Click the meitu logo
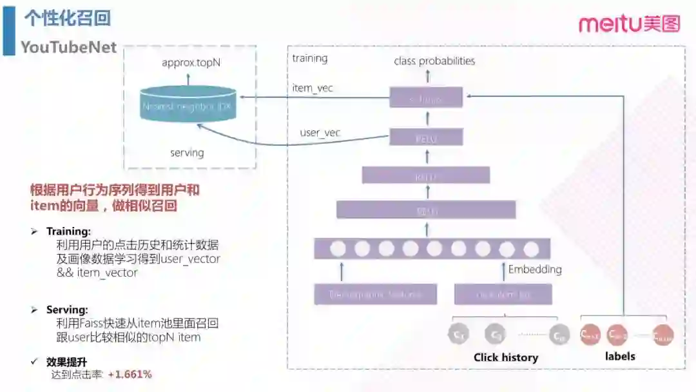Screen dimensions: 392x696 pyautogui.click(x=629, y=24)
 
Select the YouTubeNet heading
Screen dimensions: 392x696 pyautogui.click(x=68, y=47)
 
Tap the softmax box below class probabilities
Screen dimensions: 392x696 pyautogui.click(x=426, y=99)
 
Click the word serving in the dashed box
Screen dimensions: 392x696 pyautogui.click(x=187, y=153)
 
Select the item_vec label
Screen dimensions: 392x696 pyautogui.click(x=313, y=88)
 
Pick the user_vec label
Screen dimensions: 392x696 pyautogui.click(x=320, y=133)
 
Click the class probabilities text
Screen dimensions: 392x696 pyautogui.click(x=434, y=61)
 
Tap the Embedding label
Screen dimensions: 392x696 pyautogui.click(x=535, y=269)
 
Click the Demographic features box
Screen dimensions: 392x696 pyautogui.click(x=375, y=295)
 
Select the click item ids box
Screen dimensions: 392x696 pyautogui.click(x=503, y=295)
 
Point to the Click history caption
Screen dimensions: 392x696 pyautogui.click(x=506, y=357)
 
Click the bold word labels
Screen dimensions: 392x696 pyautogui.click(x=620, y=356)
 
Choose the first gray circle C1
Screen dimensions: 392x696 pyautogui.click(x=459, y=334)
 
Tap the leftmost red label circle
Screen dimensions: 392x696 pyautogui.click(x=590, y=334)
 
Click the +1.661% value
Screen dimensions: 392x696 pyautogui.click(x=130, y=374)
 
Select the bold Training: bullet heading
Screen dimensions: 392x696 pyautogui.click(x=68, y=231)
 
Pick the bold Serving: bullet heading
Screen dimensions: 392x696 pyautogui.click(x=67, y=309)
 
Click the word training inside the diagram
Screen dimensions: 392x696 pyautogui.click(x=309, y=58)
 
